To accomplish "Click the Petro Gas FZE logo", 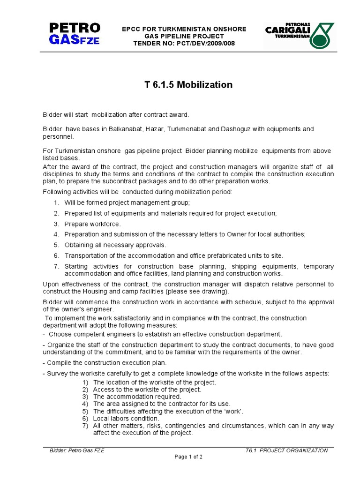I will [75, 33].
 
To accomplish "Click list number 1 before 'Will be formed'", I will [56, 202].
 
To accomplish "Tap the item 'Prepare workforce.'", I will [92, 224].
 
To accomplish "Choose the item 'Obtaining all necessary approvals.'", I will [115, 245].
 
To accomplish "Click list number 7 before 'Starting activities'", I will [56, 266].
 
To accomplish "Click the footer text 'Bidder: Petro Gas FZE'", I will [77, 450].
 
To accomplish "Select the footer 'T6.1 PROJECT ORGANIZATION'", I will [286, 450].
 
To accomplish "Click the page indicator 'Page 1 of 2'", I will [188, 457].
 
